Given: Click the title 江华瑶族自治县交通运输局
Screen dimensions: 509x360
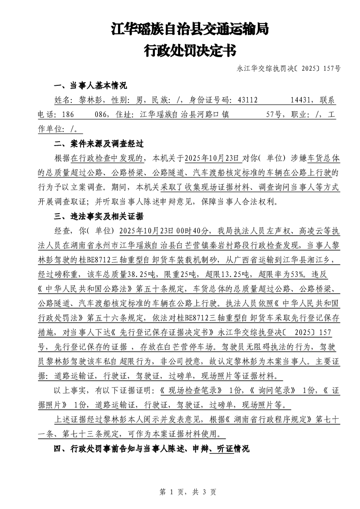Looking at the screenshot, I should (190, 30).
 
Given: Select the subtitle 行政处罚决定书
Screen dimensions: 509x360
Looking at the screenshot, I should (190, 50).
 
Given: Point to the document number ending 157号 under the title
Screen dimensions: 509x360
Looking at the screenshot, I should (288, 69).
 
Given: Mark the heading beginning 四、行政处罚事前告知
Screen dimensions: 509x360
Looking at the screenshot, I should (152, 449).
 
